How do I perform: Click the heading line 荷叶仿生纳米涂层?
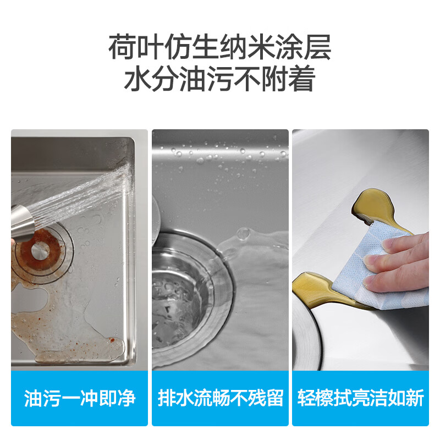219,47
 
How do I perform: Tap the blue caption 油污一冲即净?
80,398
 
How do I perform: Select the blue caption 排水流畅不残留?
220,398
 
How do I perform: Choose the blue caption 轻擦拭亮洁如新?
360,398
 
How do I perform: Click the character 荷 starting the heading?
122,47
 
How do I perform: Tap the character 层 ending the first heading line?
318,47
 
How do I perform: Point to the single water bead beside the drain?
243,234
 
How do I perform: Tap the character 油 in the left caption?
33,398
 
